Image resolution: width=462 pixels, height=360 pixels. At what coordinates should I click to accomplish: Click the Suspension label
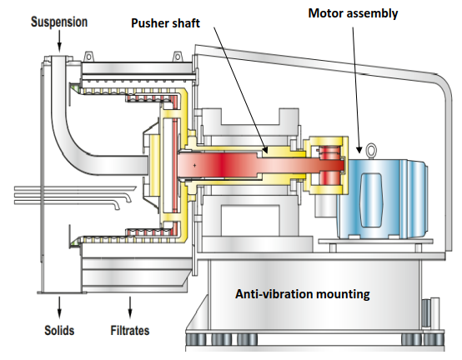[x=59, y=22]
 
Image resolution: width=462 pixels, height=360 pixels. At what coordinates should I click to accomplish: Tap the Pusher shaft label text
[x=166, y=23]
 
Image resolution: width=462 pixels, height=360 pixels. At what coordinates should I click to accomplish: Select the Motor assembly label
[x=353, y=13]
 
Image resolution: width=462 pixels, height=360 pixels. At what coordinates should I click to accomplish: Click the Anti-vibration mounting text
[x=303, y=294]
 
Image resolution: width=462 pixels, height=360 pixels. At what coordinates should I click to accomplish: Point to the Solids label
[x=59, y=330]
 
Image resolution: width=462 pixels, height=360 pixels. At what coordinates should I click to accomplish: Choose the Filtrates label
[x=130, y=330]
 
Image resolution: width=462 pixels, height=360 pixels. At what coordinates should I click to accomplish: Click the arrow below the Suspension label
[x=59, y=41]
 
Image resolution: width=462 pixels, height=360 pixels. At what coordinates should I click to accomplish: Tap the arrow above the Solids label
[x=59, y=307]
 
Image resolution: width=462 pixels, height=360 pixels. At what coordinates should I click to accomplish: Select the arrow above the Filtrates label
[x=130, y=307]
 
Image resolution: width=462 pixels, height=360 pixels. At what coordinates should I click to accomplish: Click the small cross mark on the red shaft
[x=194, y=166]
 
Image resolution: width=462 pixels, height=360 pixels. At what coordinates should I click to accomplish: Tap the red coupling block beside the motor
[x=330, y=166]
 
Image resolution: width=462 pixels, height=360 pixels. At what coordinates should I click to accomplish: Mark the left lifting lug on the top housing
[x=88, y=56]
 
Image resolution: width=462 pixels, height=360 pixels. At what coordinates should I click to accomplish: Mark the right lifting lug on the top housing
[x=177, y=56]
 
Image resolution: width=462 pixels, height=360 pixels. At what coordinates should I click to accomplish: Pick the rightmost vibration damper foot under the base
[x=433, y=339]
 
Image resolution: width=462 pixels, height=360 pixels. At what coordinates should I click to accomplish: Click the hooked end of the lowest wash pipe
[x=117, y=206]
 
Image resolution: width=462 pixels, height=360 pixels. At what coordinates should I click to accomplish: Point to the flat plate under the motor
[x=375, y=242]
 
